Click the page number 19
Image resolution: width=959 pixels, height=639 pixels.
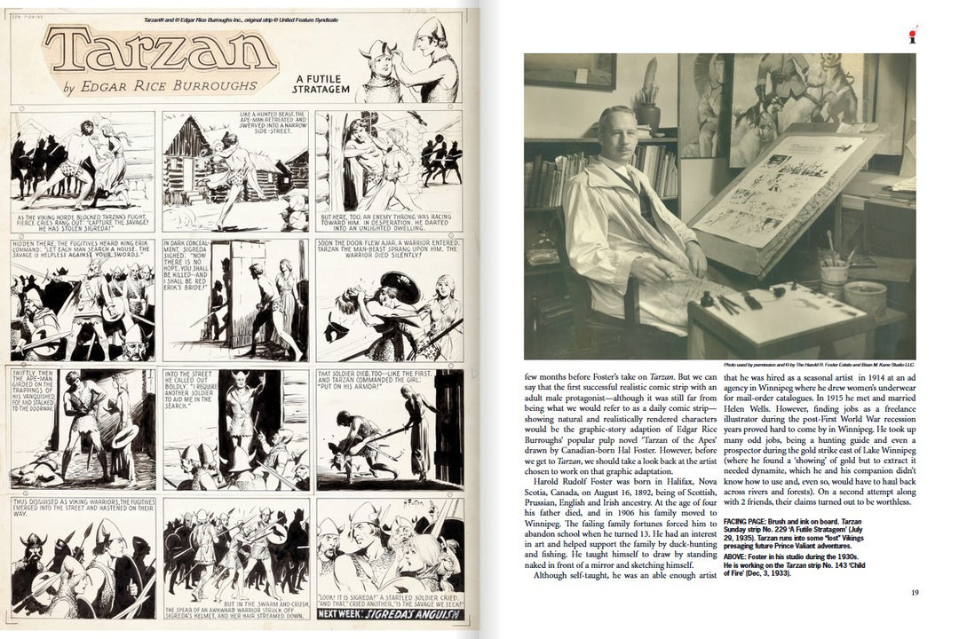click(x=914, y=593)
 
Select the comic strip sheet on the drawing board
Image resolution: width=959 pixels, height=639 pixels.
click(x=781, y=191)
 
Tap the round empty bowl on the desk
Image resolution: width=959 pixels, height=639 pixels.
click(x=864, y=296)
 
